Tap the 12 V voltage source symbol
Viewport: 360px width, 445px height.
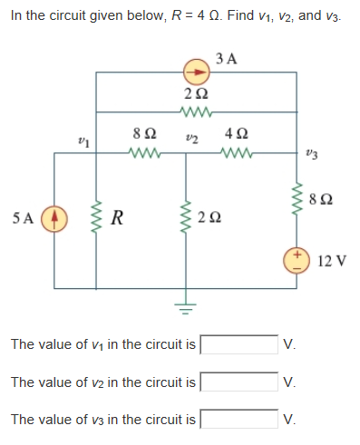(297, 259)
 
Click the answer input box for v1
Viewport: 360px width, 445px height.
(238, 345)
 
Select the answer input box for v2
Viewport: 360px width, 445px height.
(238, 382)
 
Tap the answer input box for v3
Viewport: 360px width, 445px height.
(238, 420)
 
